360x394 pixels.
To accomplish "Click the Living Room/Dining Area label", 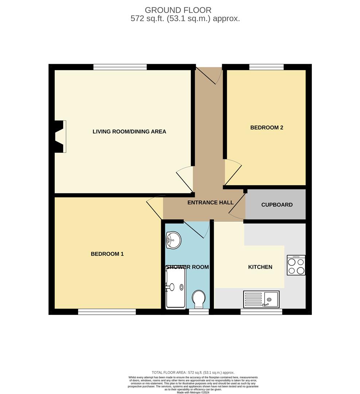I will [x=129, y=132].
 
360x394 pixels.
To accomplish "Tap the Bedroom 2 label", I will [x=267, y=128].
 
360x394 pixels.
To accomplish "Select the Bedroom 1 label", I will [x=107, y=254].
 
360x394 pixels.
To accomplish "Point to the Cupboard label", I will [x=277, y=205].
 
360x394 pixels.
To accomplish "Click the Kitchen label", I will [x=260, y=267].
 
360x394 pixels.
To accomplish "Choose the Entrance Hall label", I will [x=208, y=202].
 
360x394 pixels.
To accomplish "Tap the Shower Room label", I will [x=187, y=267].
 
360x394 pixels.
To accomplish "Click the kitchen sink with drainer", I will [x=261, y=299].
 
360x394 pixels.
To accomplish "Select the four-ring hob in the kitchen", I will [x=296, y=265].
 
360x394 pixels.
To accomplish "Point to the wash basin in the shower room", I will [x=173, y=240].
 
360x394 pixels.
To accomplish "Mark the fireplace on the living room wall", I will [x=59, y=136].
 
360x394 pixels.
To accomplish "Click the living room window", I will [x=120, y=67].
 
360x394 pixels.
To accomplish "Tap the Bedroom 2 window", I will [x=266, y=67].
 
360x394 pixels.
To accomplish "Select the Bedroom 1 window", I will [x=107, y=312].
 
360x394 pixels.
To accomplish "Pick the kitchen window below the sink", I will [x=261, y=312].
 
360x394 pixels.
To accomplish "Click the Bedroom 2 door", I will [x=232, y=172].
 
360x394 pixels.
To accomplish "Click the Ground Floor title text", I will [x=178, y=10].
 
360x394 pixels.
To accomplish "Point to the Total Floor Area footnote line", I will [x=193, y=372].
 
